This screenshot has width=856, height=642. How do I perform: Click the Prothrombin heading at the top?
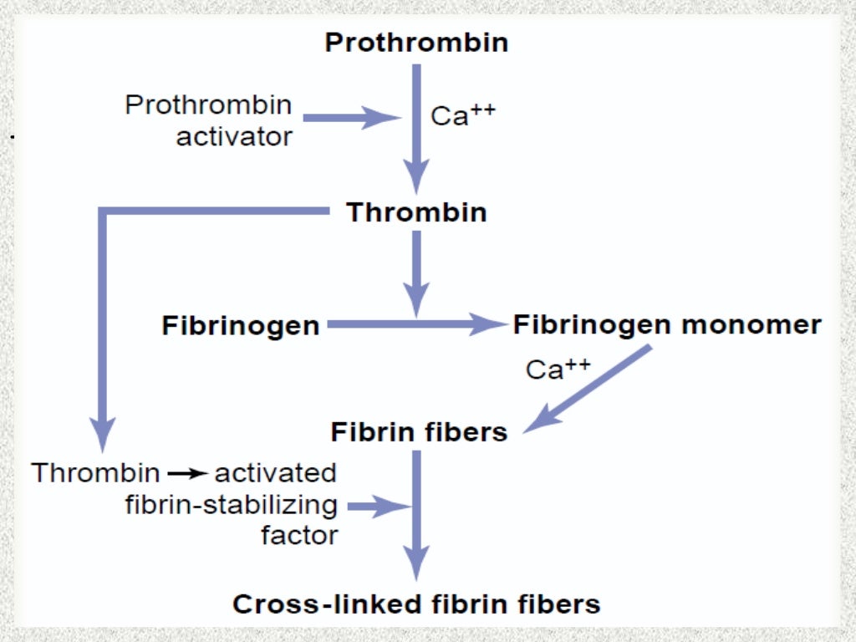point(416,43)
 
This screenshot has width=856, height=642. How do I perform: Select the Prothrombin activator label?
point(209,120)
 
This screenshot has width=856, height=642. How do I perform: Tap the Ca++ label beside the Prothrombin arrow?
point(462,115)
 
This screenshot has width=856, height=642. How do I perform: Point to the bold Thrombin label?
point(416,212)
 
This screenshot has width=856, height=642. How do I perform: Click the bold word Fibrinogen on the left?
point(241,325)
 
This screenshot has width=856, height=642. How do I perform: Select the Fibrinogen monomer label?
point(666,324)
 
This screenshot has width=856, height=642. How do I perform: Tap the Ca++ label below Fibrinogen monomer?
point(558,369)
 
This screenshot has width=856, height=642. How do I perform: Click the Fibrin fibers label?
point(419,432)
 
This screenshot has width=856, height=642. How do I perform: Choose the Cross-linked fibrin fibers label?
point(416,604)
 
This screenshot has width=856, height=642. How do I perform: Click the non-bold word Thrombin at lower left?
point(95,473)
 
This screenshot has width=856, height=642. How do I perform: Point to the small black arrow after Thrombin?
point(187,474)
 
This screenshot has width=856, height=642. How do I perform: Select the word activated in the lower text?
point(276,473)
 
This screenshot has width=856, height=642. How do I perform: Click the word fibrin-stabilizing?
point(232,505)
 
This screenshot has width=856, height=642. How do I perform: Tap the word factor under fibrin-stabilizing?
point(299,535)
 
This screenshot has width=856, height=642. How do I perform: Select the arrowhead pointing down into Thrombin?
point(416,176)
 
